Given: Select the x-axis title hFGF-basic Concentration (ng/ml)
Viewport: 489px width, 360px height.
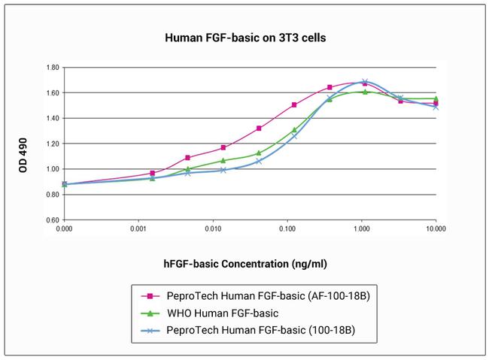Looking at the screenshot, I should coord(245,264).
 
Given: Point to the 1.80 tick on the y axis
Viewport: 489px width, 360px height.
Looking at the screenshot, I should coord(53,68).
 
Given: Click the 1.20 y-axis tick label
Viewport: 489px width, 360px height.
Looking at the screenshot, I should coord(53,144).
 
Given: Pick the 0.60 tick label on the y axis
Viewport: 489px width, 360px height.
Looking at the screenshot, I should coord(53,220).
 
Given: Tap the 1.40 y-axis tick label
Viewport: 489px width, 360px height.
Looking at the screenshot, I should coord(53,118).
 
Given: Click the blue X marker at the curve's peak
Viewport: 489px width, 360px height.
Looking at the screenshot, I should coord(365,82).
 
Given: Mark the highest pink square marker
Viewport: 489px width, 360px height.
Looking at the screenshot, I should coord(365,83).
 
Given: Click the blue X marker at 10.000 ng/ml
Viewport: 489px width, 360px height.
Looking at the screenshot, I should coord(436,107).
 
